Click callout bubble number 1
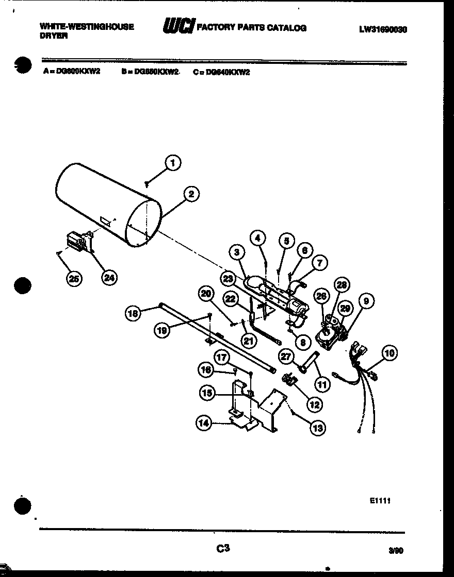173,163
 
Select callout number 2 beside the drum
191,194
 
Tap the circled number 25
74,278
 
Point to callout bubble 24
108,278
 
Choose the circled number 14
203,423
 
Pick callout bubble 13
318,428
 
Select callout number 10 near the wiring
390,353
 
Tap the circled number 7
319,263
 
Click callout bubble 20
206,294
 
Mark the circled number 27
287,356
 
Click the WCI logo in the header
178,27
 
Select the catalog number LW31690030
383,30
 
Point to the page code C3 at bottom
222,549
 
